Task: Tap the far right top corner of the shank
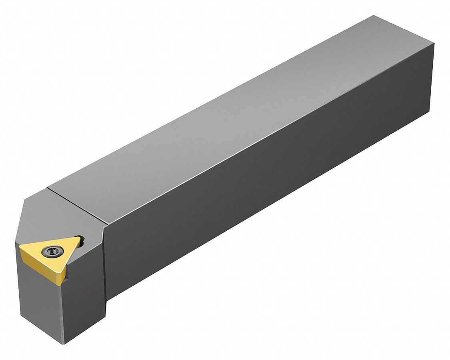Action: (434, 45)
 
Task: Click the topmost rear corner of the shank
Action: (374, 16)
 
